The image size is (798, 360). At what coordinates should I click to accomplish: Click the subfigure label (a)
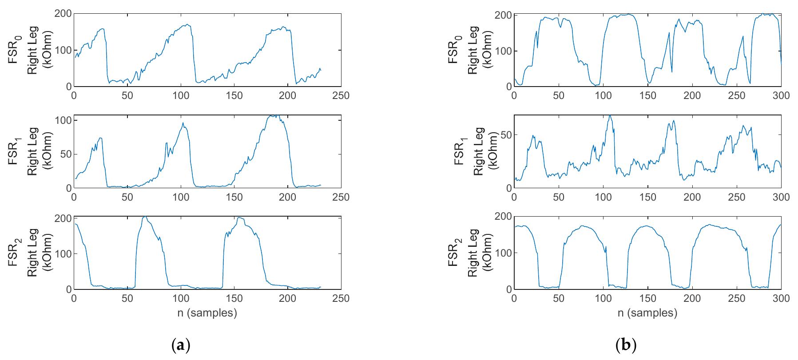click(180, 345)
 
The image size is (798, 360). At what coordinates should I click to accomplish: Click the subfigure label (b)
click(627, 345)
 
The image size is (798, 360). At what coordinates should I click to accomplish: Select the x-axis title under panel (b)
click(647, 313)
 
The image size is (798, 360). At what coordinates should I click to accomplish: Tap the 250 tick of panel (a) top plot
click(341, 95)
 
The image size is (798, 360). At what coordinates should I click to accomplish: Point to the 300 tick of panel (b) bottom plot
click(781, 298)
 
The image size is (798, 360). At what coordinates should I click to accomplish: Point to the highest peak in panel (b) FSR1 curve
click(610, 116)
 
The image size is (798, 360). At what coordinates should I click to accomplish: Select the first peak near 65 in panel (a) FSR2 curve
click(144, 217)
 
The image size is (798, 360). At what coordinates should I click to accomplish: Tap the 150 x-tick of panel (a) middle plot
click(234, 197)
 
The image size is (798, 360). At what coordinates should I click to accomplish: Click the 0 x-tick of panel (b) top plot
click(514, 95)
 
